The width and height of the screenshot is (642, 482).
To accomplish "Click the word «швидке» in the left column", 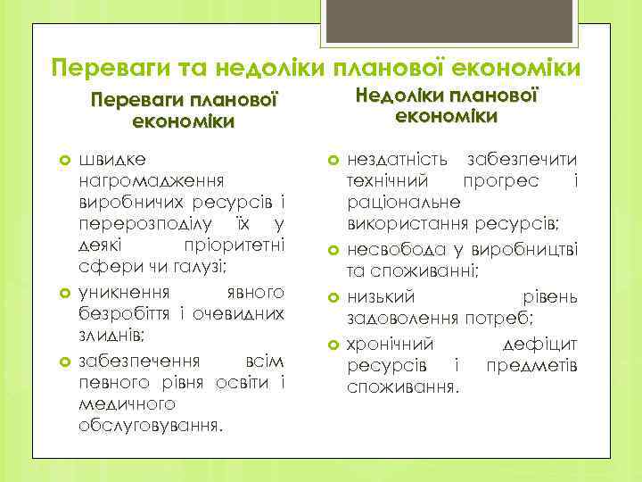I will (113, 160).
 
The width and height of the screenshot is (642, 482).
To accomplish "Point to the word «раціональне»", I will (394, 203).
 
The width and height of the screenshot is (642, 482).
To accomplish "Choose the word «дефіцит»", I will (541, 344).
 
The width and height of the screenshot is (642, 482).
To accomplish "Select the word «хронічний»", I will (390, 344).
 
